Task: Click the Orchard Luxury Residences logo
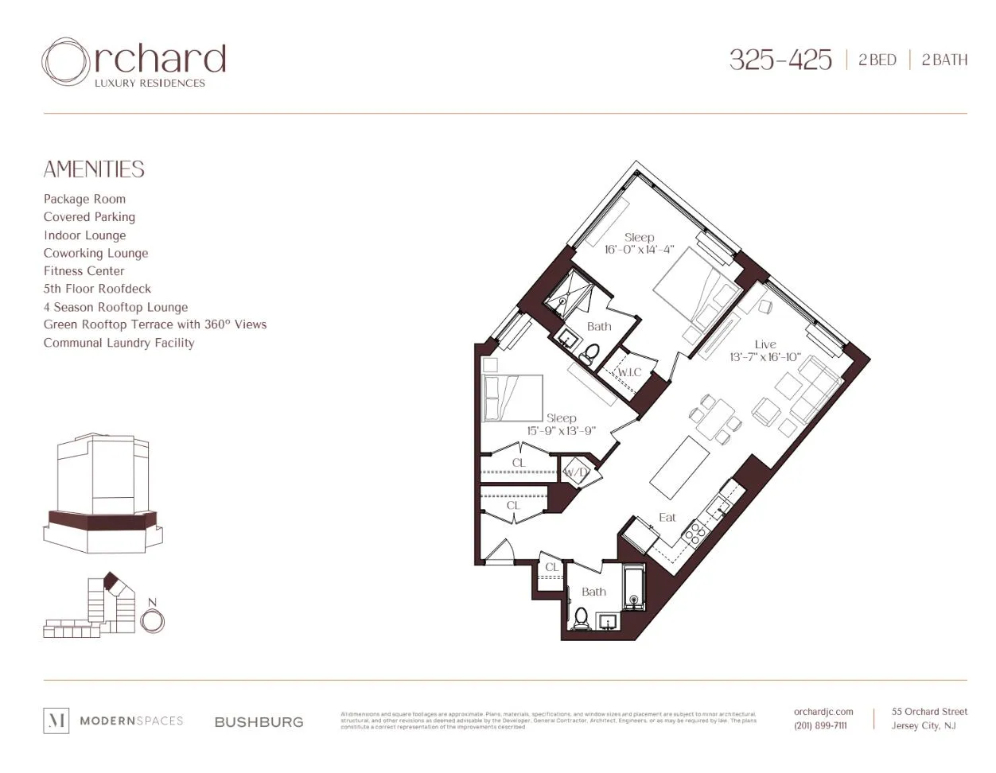[134, 63]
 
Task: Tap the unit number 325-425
[780, 60]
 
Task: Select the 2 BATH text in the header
[944, 60]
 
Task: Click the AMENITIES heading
[94, 169]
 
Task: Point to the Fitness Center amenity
[84, 271]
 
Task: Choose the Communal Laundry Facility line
[119, 343]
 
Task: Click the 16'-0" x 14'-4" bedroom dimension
[639, 250]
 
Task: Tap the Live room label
[765, 344]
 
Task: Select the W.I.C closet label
[629, 372]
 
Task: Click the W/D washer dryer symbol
[575, 472]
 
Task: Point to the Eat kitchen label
[667, 518]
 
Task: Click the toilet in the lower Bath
[582, 619]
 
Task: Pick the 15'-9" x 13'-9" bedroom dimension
[561, 431]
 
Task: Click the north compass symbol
[152, 620]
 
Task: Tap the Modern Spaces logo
[113, 721]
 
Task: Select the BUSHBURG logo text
[259, 722]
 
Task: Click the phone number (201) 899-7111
[820, 725]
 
